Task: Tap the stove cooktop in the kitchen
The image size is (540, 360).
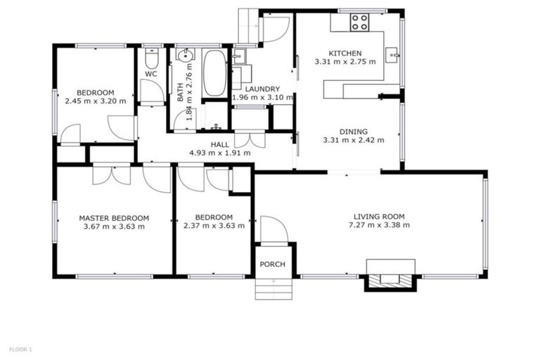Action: click(360, 22)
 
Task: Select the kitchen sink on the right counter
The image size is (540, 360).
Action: click(393, 53)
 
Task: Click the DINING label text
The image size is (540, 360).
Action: click(353, 131)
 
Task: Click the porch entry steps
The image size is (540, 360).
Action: click(274, 288)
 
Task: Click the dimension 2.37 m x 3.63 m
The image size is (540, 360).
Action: click(214, 226)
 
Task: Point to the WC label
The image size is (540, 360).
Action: click(151, 73)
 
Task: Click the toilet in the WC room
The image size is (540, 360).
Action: click(152, 56)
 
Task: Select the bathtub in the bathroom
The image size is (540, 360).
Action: click(214, 74)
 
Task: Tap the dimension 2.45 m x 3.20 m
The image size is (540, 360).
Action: click(96, 101)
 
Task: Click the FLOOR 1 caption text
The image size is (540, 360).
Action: click(20, 349)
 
